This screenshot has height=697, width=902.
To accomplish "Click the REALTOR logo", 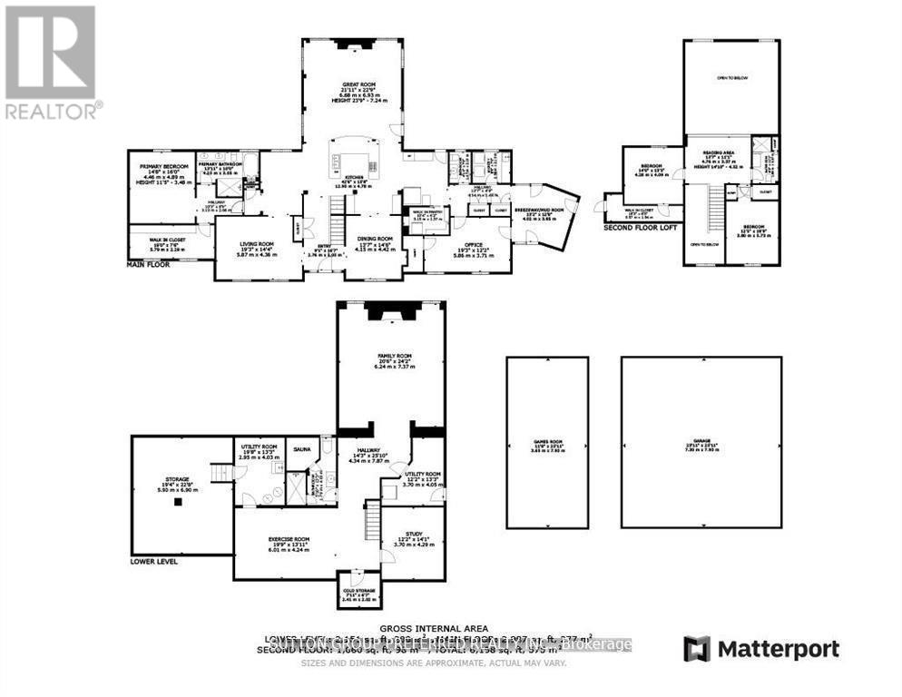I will [x=51, y=63].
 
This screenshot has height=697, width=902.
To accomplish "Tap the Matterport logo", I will [x=761, y=649].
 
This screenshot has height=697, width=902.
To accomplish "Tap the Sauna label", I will [x=299, y=447].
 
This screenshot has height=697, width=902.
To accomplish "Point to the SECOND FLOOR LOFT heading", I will [x=641, y=228].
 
